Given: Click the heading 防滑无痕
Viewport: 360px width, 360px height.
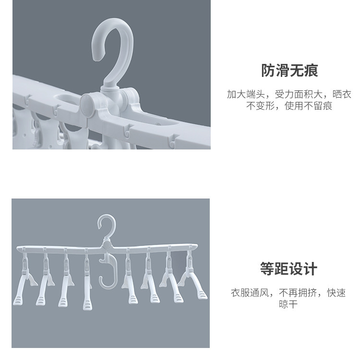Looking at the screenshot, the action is click(289, 70).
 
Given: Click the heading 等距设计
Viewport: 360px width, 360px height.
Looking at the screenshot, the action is click(288, 269).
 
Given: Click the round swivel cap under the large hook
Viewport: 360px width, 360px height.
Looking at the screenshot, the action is click(88, 106).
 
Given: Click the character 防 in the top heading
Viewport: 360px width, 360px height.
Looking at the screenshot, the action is click(268, 70).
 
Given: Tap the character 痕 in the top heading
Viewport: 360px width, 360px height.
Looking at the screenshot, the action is click(311, 70).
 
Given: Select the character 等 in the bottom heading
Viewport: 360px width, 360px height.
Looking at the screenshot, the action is click(267, 269).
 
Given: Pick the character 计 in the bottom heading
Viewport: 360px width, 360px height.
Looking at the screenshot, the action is click(311, 269).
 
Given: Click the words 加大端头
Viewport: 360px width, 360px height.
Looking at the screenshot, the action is click(246, 94).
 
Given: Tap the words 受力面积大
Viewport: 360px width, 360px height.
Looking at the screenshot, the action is click(299, 94).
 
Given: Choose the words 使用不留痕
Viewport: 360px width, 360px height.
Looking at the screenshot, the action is click(308, 106).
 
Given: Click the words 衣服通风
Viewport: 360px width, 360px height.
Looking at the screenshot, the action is click(250, 293).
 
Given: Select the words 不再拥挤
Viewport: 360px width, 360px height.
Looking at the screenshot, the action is click(298, 293).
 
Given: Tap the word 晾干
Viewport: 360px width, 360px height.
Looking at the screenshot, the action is click(288, 304).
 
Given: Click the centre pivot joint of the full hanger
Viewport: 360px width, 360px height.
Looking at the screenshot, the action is click(107, 245).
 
